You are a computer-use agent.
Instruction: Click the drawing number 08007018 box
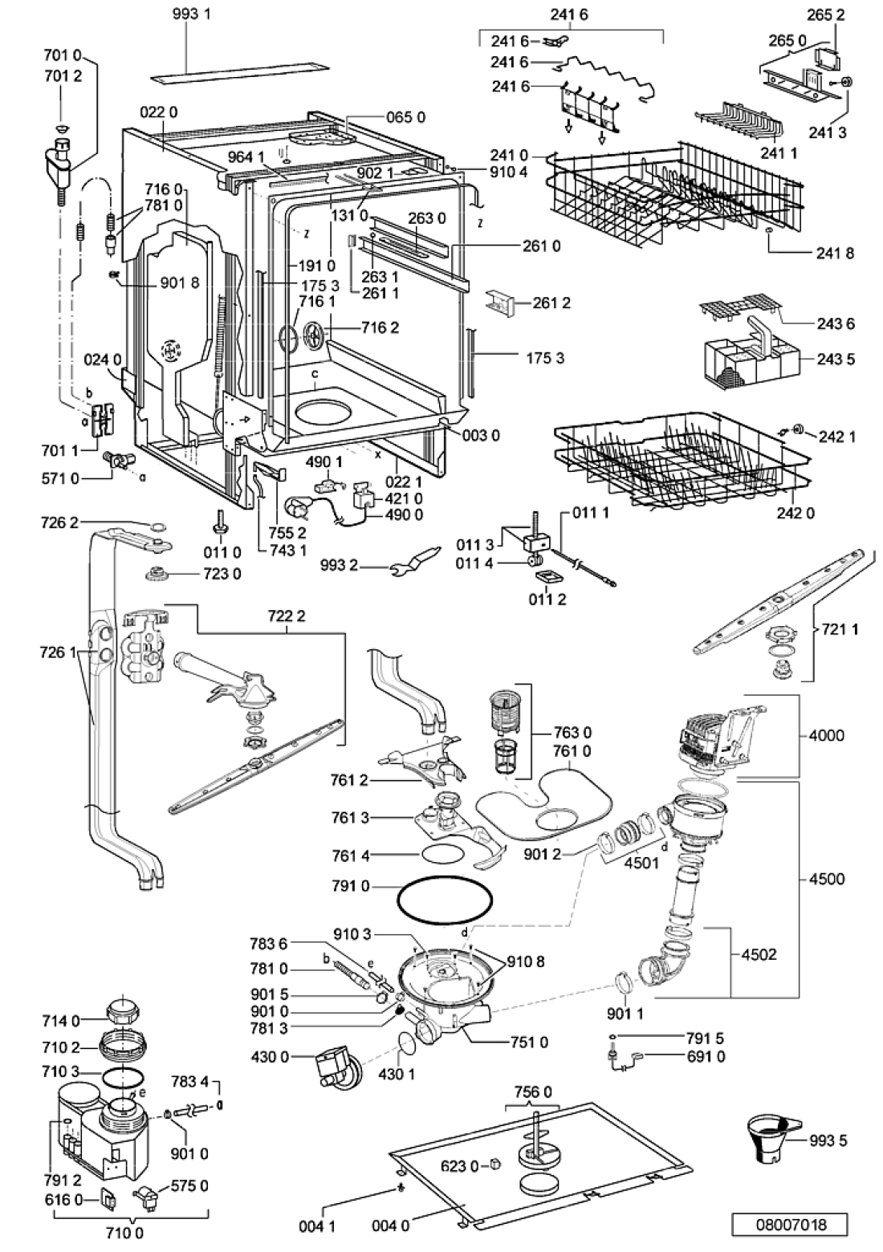(x=789, y=1225)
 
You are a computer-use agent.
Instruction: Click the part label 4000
(x=827, y=735)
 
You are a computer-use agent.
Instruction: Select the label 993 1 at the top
(x=191, y=14)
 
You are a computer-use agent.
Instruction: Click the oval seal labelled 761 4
(x=442, y=856)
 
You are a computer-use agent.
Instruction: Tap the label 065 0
(x=405, y=117)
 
